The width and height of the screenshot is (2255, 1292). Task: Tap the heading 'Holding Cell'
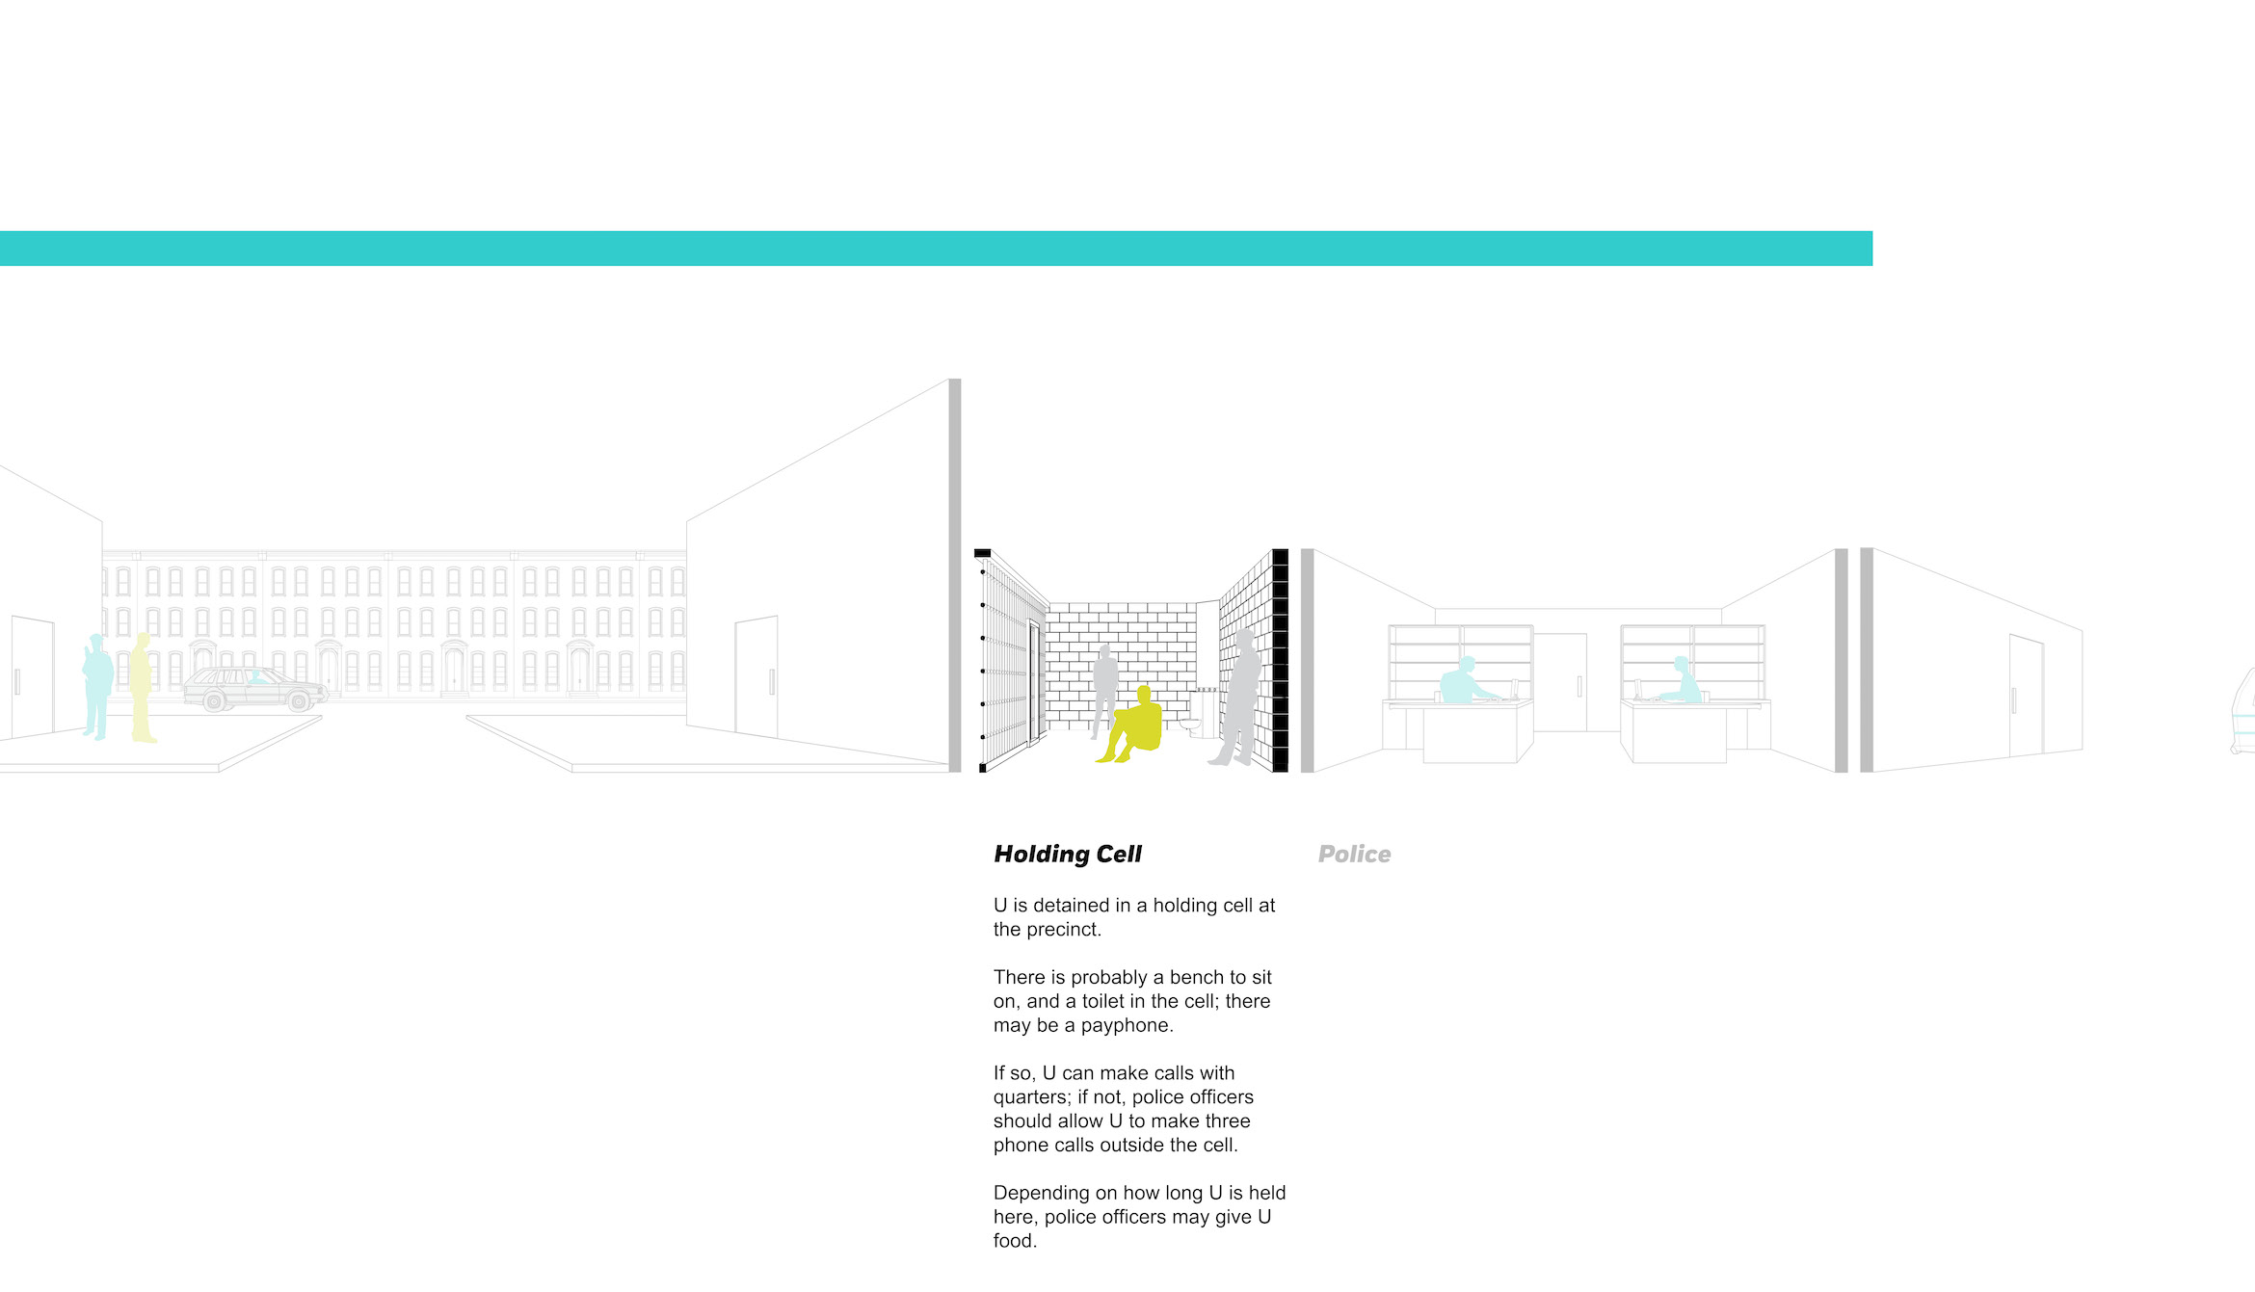point(1068,855)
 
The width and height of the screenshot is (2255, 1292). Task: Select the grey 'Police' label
point(1354,855)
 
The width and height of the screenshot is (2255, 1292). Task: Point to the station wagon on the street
point(255,689)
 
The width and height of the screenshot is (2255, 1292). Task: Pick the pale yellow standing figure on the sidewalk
point(142,688)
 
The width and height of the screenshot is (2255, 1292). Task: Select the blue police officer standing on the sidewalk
point(97,686)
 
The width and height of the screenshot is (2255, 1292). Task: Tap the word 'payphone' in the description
point(1127,1026)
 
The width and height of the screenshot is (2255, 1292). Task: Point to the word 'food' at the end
point(1014,1241)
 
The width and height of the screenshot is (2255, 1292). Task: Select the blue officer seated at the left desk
point(1468,681)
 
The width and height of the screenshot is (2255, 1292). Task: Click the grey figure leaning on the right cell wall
point(1238,698)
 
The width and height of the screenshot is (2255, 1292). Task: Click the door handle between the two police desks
point(1578,686)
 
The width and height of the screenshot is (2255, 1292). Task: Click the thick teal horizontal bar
point(936,249)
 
